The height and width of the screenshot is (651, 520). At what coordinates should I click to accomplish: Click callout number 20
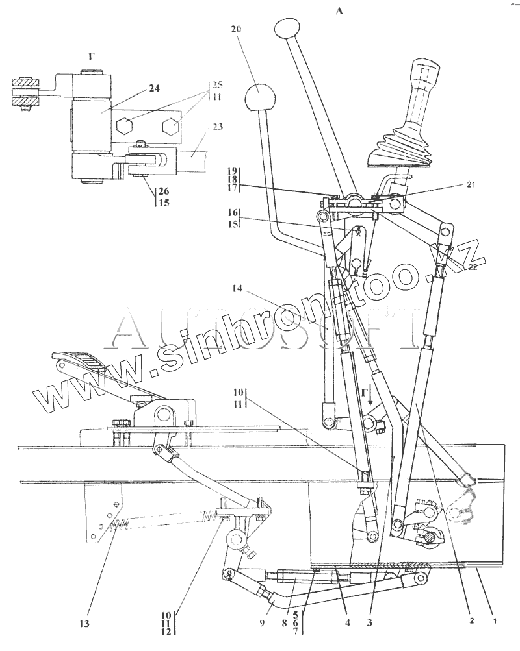click(x=235, y=30)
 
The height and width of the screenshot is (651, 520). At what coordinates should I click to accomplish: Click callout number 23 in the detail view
click(x=218, y=127)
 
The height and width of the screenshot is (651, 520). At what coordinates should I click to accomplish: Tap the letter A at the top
click(x=337, y=12)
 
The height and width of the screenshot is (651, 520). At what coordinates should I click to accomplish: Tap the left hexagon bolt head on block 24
click(x=125, y=126)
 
